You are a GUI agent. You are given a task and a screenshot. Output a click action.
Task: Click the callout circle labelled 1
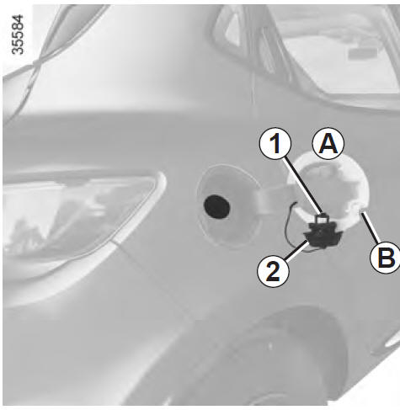click(275, 143)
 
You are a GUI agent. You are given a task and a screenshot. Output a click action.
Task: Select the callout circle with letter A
click(328, 143)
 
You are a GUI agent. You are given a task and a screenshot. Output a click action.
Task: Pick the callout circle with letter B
click(387, 257)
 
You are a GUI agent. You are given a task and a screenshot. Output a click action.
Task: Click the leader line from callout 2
click(296, 250)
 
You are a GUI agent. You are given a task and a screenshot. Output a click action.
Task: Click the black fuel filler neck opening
click(216, 207)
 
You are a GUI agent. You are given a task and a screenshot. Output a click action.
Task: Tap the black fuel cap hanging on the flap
click(323, 235)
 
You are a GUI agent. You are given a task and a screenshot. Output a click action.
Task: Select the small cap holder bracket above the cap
click(323, 218)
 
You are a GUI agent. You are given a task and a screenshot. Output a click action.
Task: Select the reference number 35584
click(18, 35)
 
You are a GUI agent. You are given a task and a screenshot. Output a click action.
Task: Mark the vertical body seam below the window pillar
click(253, 95)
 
